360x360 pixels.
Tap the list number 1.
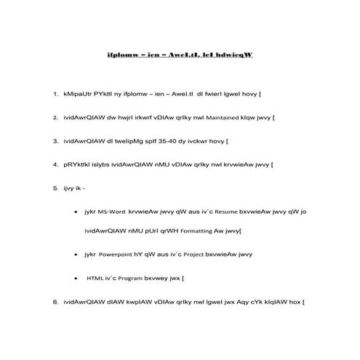pyautogui.click(x=55, y=94)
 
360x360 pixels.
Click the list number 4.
pyautogui.click(x=55, y=164)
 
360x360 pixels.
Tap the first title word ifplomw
pyautogui.click(x=121, y=55)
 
